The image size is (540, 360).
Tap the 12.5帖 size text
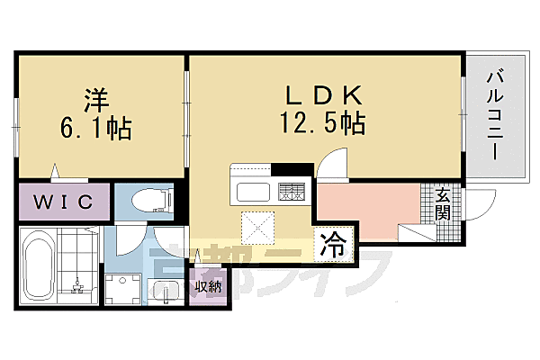click(323, 123)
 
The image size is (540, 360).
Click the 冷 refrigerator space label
click(332, 246)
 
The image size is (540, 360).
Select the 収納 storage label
click(209, 287)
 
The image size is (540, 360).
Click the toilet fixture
click(146, 202)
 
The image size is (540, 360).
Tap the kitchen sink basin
click(255, 192)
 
